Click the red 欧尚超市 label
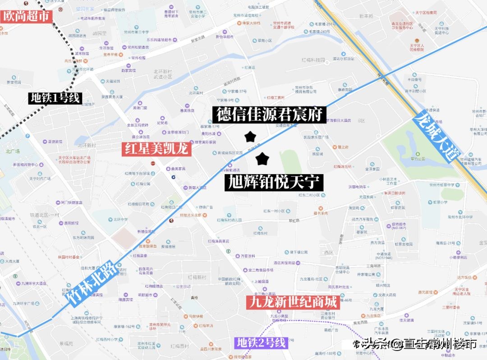tap(26, 17)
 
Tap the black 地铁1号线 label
tap(55, 98)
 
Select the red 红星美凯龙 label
tap(156, 149)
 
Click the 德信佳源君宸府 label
tap(270, 115)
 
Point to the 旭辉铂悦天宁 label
tap(274, 183)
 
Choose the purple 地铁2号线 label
tap(262, 342)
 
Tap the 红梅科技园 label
tap(313, 60)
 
